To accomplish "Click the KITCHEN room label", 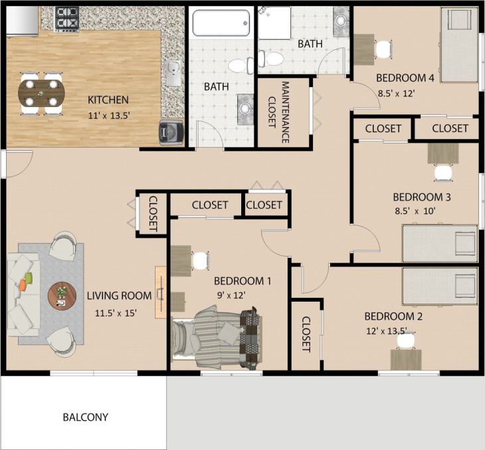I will [x=108, y=100].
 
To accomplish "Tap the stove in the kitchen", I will [x=66, y=19].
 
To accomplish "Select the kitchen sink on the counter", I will [x=174, y=73].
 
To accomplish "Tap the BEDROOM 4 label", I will [x=405, y=78].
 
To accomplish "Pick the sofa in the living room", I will [x=23, y=294].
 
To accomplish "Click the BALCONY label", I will [x=85, y=417].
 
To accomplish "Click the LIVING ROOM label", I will [x=120, y=296].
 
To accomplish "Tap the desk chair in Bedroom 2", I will [x=406, y=340].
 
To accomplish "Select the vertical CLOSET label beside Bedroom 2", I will [x=306, y=334].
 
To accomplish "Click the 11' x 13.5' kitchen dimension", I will [x=108, y=115].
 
